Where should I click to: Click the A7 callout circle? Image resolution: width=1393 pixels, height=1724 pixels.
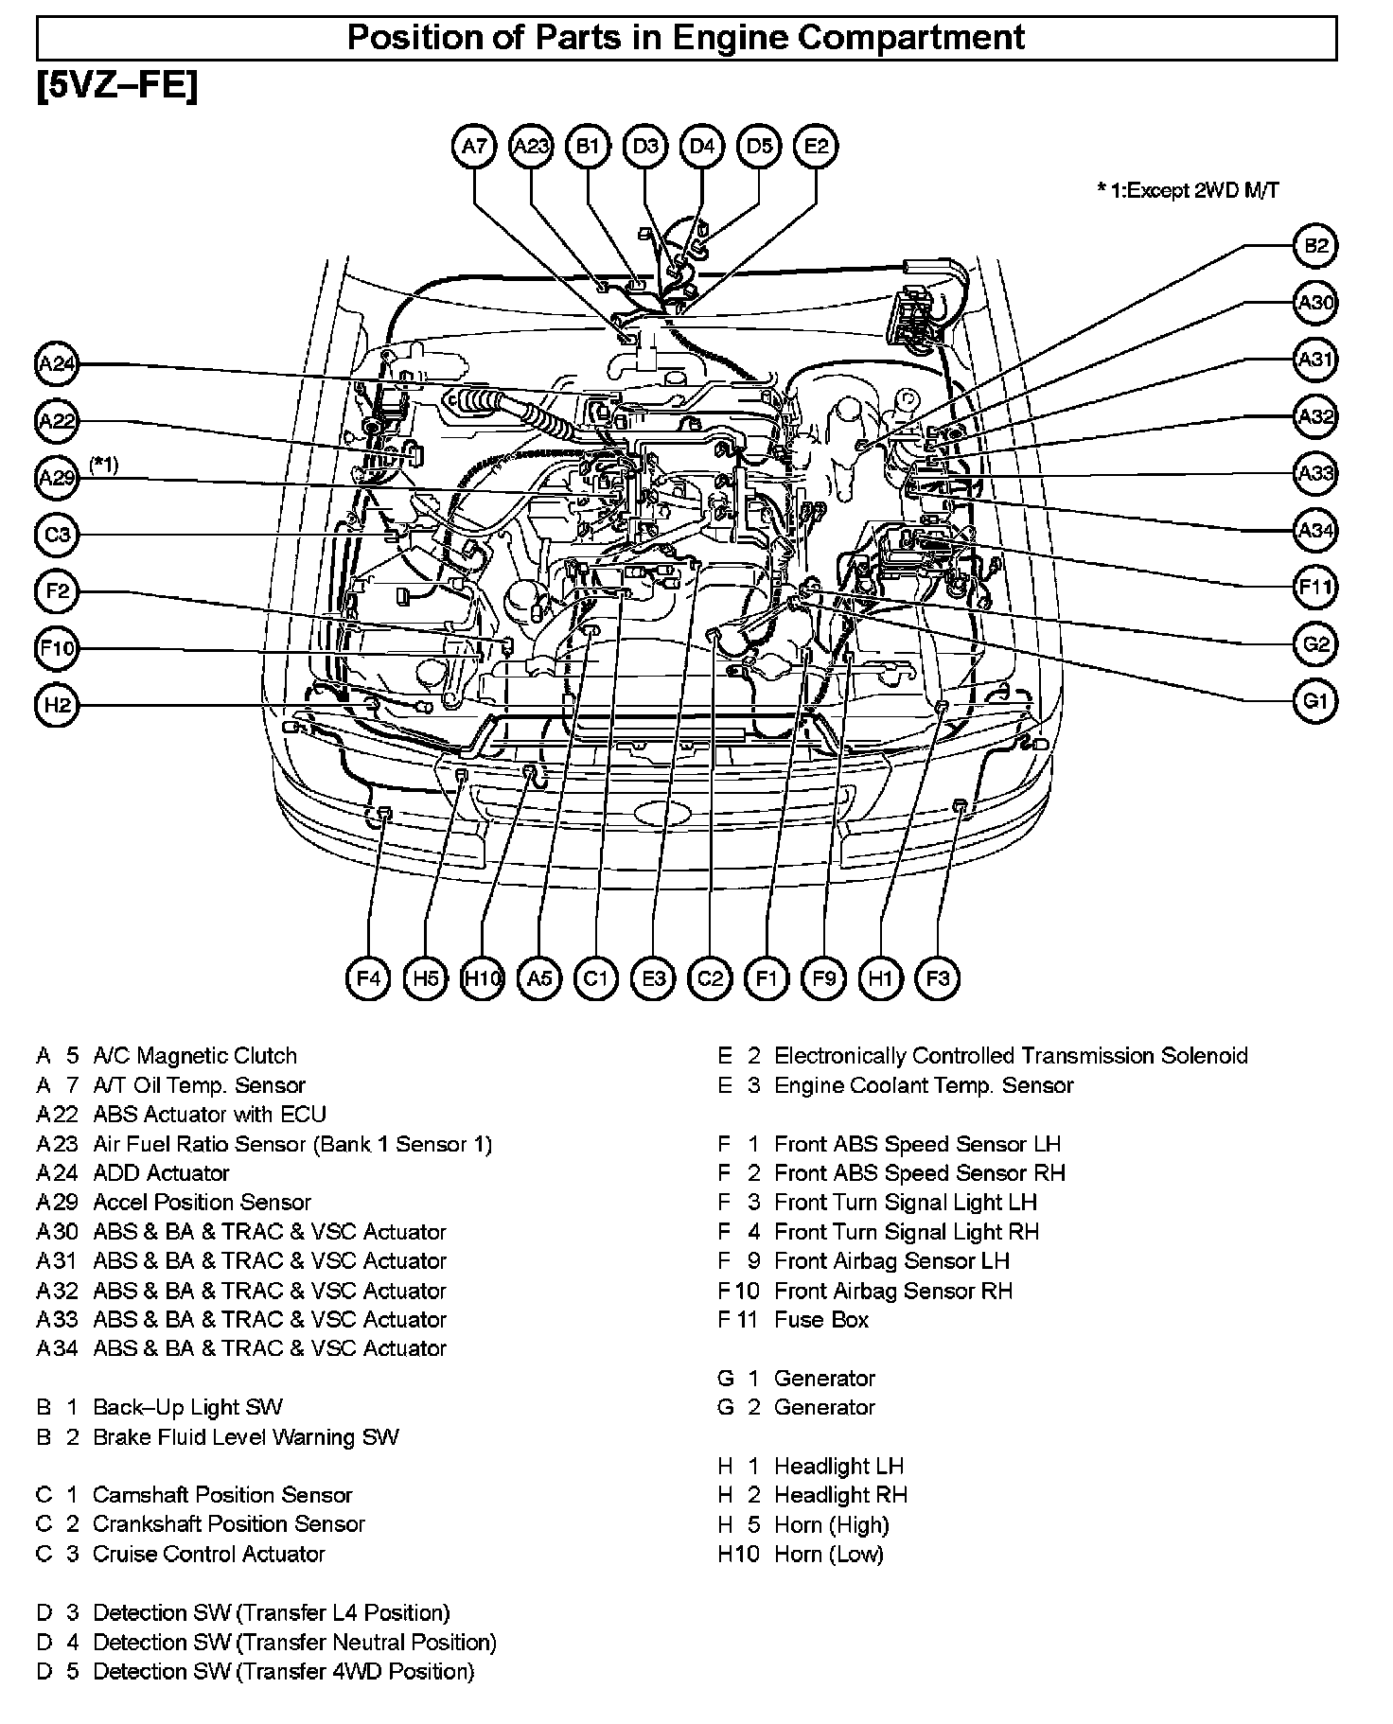coord(474,147)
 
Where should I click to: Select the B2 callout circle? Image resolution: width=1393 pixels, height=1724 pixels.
coord(1315,247)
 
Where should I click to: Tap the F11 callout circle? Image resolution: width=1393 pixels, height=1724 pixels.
coord(1315,588)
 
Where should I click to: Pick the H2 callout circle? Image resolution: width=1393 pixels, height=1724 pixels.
coord(58,706)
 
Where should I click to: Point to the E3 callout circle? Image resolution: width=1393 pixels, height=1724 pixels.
coord(653,977)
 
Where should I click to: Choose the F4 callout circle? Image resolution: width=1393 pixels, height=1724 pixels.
coord(368,977)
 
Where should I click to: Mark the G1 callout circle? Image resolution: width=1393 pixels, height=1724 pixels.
coord(1315,702)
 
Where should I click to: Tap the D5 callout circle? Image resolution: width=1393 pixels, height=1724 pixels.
coord(759,147)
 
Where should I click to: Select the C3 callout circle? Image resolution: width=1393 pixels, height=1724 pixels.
coord(58,535)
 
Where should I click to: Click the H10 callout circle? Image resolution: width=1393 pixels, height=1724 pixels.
coord(482,977)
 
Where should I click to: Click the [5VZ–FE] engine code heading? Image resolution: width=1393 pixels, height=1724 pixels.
coord(117,88)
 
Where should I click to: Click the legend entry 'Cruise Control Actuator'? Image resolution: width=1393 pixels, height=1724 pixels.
coord(208,1554)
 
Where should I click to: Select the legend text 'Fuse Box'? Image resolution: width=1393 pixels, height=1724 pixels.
coord(820,1319)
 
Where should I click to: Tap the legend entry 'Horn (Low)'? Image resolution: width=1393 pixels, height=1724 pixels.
coord(828,1554)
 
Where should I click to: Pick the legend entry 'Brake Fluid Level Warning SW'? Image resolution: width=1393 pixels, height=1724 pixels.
coord(245,1436)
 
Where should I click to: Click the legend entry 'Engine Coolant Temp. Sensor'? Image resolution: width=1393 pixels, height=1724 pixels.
coord(924,1085)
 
